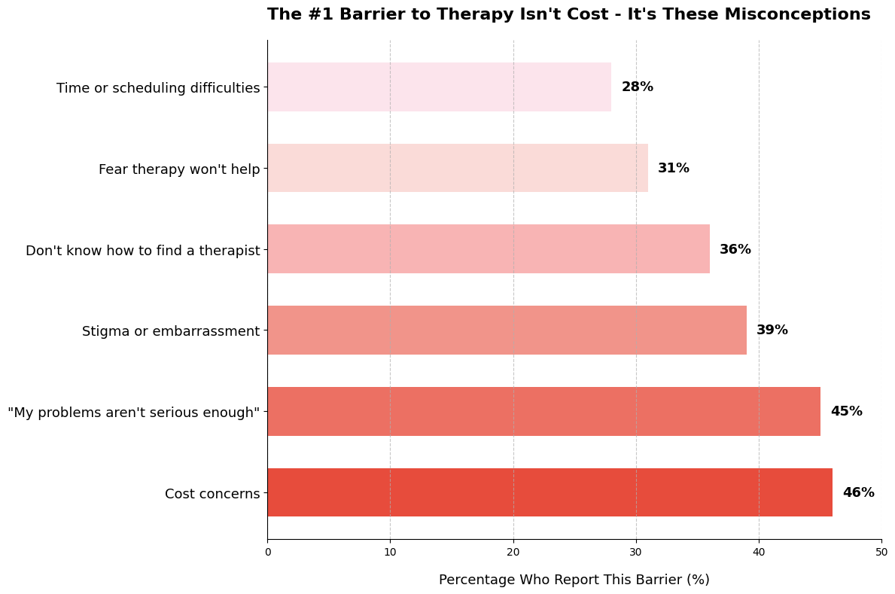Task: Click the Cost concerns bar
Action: pos(549,492)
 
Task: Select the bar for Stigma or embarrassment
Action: pos(507,330)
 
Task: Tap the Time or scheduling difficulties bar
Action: pos(439,87)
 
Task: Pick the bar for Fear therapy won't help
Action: pos(457,168)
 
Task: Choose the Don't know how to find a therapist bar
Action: pos(488,248)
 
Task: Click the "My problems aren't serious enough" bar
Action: pos(543,411)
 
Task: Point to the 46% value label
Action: pos(858,492)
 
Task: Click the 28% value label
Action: pos(637,87)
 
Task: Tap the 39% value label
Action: pos(772,330)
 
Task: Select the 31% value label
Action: pos(673,168)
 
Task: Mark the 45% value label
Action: pos(846,411)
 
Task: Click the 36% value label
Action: pos(735,249)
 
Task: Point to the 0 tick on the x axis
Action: pos(267,552)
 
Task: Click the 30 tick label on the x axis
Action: pos(636,552)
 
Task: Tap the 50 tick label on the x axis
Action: pos(881,552)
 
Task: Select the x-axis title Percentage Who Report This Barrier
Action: pos(574,580)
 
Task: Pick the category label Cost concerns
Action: pos(212,494)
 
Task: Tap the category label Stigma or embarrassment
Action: pos(171,331)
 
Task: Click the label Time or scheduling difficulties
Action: pos(158,88)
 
